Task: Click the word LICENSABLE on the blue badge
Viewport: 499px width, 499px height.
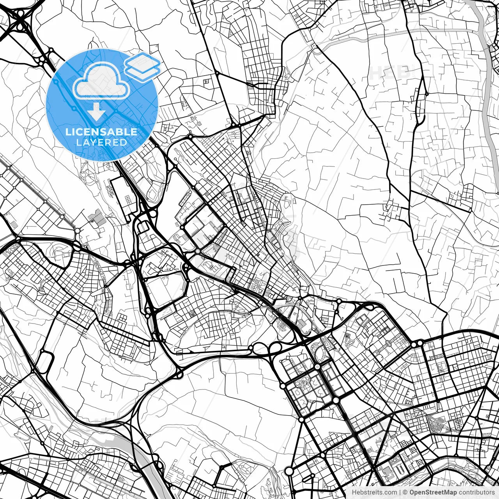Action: pos(101,132)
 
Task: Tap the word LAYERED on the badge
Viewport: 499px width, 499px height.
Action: pos(101,142)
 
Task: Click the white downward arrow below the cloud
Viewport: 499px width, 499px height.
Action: pos(96,112)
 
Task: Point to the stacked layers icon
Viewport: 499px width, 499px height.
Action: pos(142,67)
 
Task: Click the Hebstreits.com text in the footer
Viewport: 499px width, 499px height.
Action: pos(374,492)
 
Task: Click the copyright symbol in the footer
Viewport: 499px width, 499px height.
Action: pos(405,492)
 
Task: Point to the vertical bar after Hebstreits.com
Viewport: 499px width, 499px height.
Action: pos(400,492)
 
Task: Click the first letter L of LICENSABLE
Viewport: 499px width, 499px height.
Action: pos(67,132)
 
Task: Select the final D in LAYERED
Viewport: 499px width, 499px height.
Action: pos(124,142)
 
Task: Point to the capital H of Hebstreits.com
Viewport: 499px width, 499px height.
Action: pos(354,492)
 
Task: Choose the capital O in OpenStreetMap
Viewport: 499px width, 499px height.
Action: pos(412,492)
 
